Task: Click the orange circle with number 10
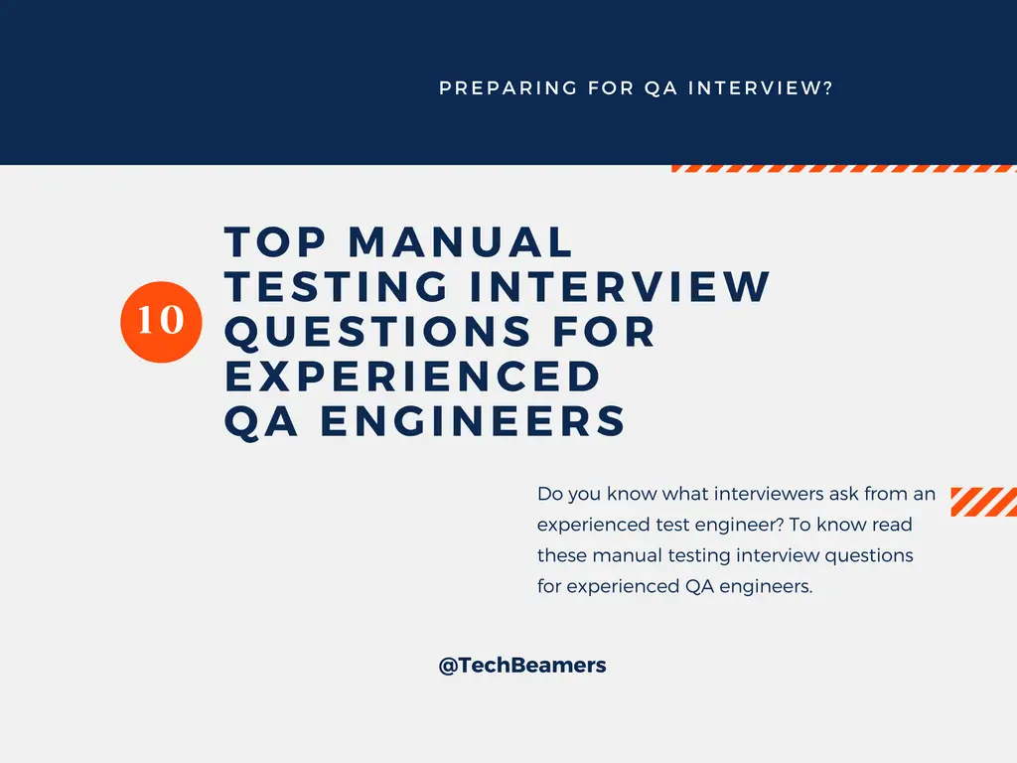click(160, 320)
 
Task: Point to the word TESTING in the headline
click(337, 287)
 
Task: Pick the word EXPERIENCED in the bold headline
click(413, 376)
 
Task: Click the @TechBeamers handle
click(522, 666)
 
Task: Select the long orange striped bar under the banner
click(844, 169)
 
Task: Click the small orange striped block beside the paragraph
click(983, 502)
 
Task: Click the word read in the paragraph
click(892, 525)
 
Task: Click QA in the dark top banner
click(660, 88)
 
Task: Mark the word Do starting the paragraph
click(549, 494)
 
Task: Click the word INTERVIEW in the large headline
click(620, 287)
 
